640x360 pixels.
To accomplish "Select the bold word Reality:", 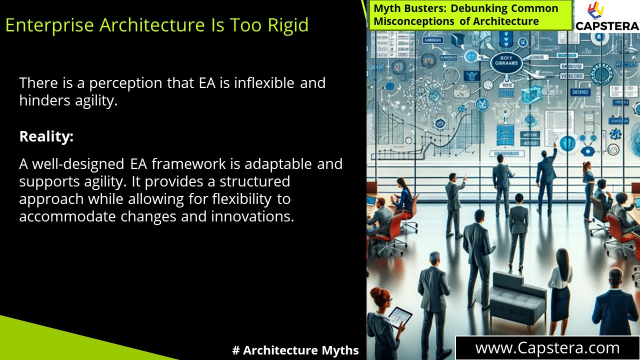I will (x=46, y=136).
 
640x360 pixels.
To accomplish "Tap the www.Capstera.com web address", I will (x=547, y=347).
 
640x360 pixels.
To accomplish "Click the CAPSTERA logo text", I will (x=607, y=26).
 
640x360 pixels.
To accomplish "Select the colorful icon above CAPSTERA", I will (x=595, y=10).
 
